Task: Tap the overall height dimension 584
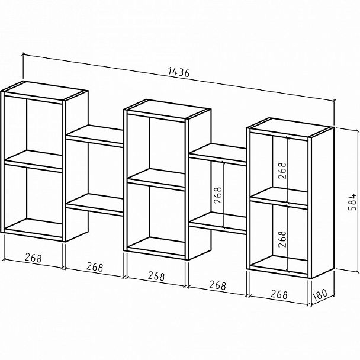[x=352, y=202]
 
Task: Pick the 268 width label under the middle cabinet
[x=156, y=275]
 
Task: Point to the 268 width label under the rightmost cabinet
[x=279, y=294]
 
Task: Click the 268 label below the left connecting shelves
[x=94, y=266]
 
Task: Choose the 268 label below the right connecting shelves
[x=217, y=285]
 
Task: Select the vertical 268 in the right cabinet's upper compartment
[x=282, y=170]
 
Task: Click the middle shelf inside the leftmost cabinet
[x=34, y=160]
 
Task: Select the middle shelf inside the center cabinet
[x=156, y=179]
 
